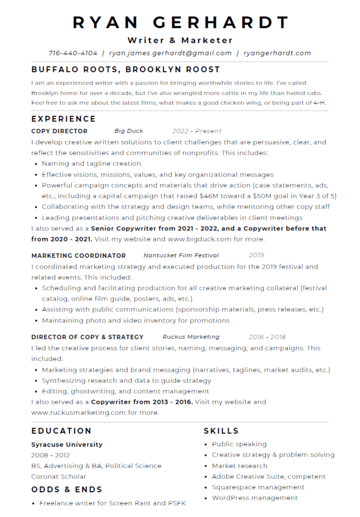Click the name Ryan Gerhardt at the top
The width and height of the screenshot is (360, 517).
(x=180, y=22)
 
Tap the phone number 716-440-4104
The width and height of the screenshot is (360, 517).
(x=73, y=53)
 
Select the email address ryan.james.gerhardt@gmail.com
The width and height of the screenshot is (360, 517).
(x=170, y=53)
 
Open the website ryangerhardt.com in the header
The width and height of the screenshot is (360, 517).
(x=277, y=53)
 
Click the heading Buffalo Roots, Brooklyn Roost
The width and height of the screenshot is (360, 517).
(x=126, y=70)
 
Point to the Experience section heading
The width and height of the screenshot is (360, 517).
(x=64, y=119)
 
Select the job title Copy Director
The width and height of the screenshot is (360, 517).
(x=59, y=131)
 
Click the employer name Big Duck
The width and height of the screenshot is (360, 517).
(x=129, y=131)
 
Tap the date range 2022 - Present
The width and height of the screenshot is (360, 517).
(x=197, y=131)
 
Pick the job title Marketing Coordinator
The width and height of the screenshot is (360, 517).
(x=78, y=255)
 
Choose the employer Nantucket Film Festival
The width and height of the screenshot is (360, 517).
(x=181, y=255)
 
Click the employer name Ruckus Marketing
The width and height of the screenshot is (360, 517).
(x=191, y=337)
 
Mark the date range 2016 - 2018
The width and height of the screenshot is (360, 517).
(x=267, y=337)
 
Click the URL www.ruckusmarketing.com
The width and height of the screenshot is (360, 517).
(x=78, y=412)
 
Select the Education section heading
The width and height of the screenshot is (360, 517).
(x=62, y=431)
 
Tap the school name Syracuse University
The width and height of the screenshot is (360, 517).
(x=67, y=445)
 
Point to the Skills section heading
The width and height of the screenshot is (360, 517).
(x=221, y=431)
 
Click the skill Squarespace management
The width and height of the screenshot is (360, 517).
(x=258, y=487)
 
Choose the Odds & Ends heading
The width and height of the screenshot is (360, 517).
(x=67, y=490)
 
